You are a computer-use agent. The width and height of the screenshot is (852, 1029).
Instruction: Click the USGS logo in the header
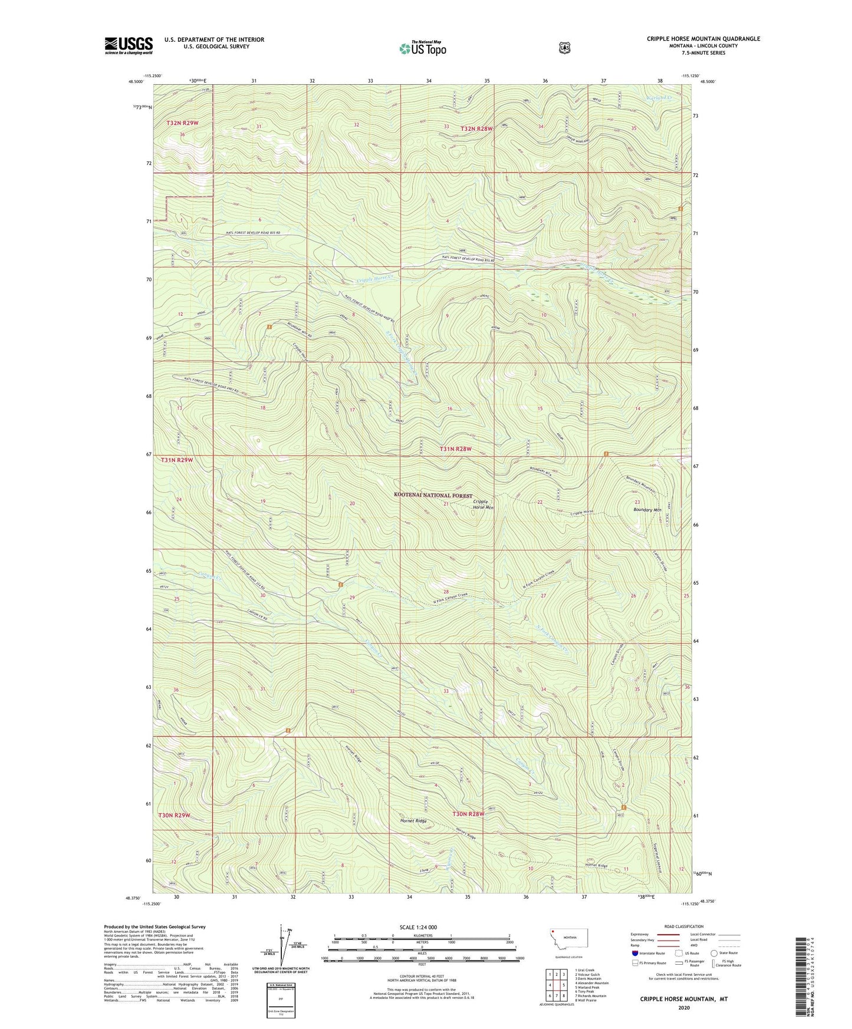[x=129, y=45]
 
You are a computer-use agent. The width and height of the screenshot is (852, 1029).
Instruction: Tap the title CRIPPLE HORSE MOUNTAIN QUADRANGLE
[x=703, y=39]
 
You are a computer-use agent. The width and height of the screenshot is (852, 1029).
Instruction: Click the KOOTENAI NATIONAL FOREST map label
[x=433, y=496]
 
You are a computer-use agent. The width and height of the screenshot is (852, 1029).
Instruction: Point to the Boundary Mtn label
[x=647, y=510]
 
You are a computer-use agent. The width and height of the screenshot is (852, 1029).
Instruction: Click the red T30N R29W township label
[x=175, y=815]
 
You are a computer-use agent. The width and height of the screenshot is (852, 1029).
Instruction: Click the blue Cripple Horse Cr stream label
[x=378, y=282]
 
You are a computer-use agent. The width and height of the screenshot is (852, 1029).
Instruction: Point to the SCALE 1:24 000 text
[x=418, y=927]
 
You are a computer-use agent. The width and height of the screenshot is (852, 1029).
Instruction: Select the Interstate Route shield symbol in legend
[x=634, y=953]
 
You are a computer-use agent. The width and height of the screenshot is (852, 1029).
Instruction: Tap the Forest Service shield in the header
[x=564, y=47]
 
